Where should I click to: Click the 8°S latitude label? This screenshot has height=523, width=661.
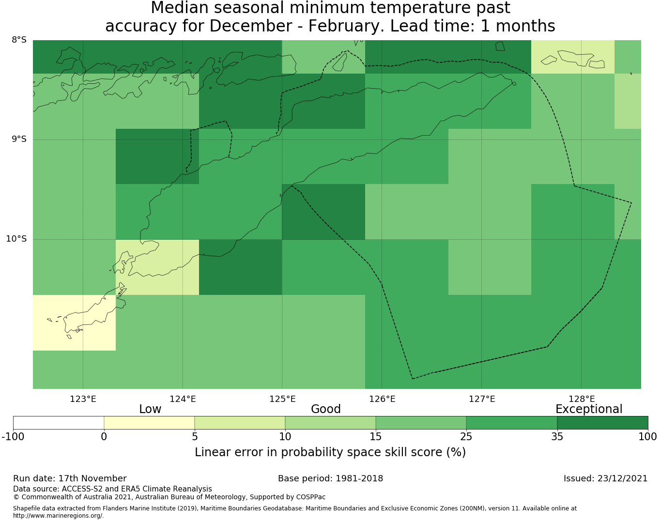(x=19, y=40)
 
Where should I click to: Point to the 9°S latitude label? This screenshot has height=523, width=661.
(x=19, y=139)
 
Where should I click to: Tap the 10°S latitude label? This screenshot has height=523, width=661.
(x=16, y=239)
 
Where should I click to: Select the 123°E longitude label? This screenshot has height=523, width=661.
(x=83, y=399)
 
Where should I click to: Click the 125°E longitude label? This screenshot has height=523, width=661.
(x=282, y=399)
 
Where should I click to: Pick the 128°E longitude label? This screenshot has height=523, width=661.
(x=582, y=399)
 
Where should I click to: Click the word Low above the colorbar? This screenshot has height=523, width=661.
(x=150, y=409)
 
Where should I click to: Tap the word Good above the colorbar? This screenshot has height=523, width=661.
(x=326, y=409)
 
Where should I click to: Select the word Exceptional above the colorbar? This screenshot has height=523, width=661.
(x=589, y=409)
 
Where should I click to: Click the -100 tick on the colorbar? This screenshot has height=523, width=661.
(x=13, y=437)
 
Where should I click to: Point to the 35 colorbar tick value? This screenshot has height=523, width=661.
(x=557, y=437)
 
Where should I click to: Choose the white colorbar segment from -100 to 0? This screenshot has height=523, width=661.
(x=59, y=423)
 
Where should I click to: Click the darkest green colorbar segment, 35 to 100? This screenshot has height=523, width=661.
(x=602, y=423)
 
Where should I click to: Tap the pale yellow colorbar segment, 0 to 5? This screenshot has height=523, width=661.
(x=149, y=423)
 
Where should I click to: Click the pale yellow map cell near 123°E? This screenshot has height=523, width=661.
(x=74, y=323)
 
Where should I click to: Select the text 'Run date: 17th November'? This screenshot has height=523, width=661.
(x=70, y=478)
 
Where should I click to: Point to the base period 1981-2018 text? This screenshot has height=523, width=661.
(x=330, y=478)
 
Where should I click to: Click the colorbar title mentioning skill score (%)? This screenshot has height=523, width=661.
(x=330, y=452)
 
